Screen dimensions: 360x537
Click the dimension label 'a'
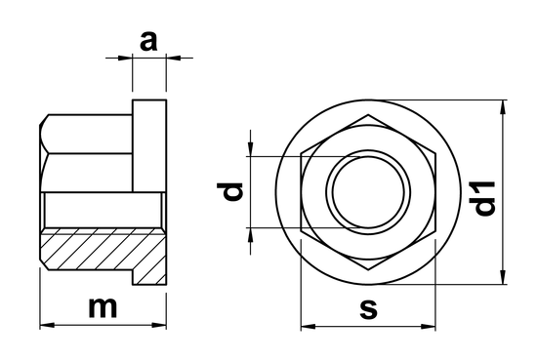(x=148, y=41)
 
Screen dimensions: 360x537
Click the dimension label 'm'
(x=103, y=306)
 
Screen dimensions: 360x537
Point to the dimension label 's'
(x=368, y=308)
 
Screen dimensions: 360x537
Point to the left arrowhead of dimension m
(x=45, y=323)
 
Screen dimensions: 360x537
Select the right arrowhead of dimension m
(x=159, y=323)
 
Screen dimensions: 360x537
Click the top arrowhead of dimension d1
(x=504, y=103)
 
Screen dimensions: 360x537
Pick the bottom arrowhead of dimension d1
(x=504, y=278)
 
